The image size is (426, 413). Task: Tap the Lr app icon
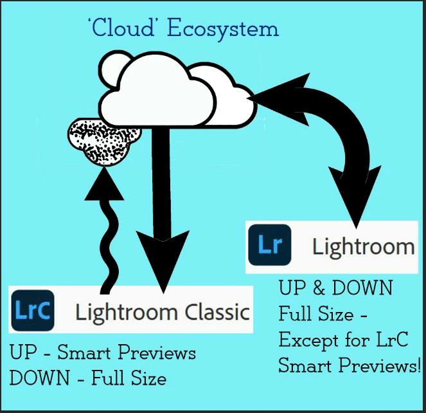(268, 246)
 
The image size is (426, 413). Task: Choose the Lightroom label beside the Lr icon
(363, 246)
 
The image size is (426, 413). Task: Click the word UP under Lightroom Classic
(22, 354)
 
